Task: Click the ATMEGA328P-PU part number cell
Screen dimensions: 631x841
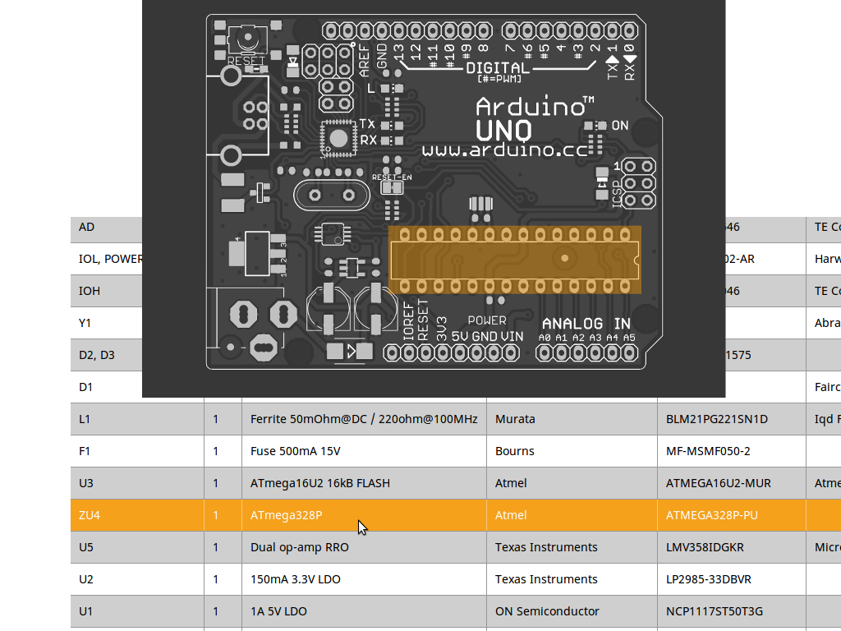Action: pos(711,515)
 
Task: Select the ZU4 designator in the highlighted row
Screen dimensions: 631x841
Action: pos(89,515)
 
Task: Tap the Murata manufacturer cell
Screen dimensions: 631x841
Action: pos(515,419)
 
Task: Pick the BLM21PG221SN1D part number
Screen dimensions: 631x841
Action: pos(716,419)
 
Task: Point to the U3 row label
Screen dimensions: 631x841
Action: pos(86,483)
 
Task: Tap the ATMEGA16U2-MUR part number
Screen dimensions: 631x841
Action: pos(718,483)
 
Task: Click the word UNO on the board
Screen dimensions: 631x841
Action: pos(503,130)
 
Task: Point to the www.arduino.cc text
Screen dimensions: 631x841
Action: pos(505,150)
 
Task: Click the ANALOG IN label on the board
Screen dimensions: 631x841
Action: pos(586,324)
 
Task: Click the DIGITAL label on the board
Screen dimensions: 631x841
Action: pos(498,67)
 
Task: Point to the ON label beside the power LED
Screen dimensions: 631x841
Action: pos(620,126)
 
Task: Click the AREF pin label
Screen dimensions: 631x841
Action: pos(365,60)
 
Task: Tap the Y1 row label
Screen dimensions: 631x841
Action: pos(85,323)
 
